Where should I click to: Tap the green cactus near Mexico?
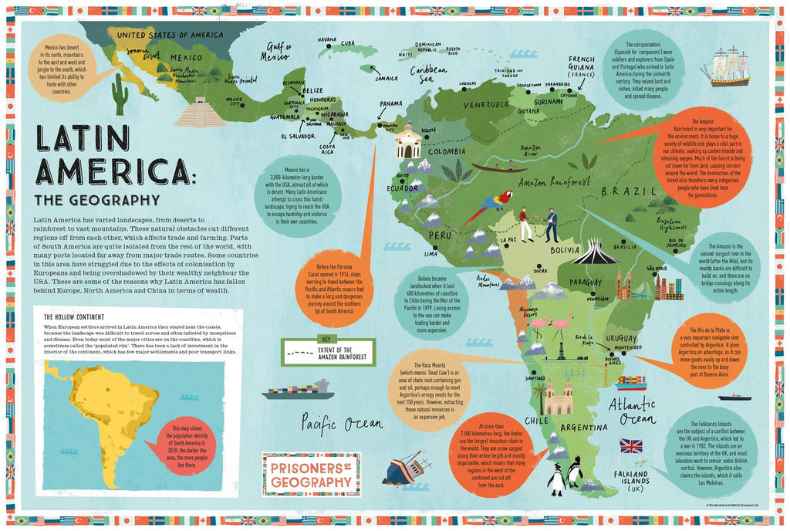click(x=120, y=94)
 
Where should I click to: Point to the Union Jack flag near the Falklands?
click(x=631, y=446)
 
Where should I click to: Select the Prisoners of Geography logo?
click(x=308, y=472)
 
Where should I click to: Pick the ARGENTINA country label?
click(x=584, y=427)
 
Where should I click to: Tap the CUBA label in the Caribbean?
click(x=348, y=43)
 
